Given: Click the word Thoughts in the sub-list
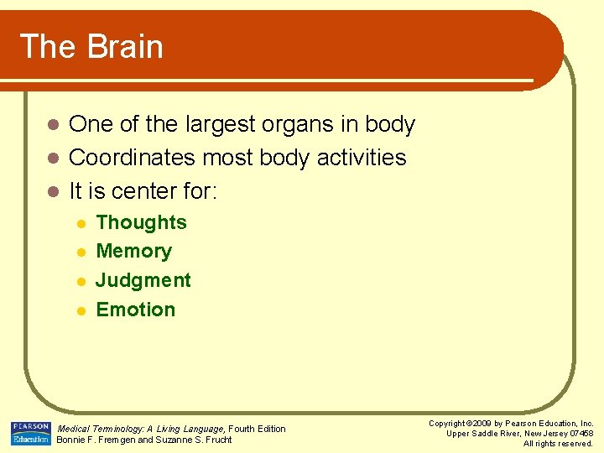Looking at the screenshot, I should click(x=141, y=222).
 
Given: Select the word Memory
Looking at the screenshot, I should click(x=133, y=251).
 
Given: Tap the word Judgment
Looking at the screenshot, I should click(x=143, y=280).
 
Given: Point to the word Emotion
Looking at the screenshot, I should click(x=136, y=310).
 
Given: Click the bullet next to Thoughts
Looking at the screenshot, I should click(x=80, y=223).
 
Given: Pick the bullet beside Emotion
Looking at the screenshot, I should click(x=80, y=310).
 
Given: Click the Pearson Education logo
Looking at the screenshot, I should click(x=31, y=433).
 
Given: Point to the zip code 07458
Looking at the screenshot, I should click(x=581, y=433).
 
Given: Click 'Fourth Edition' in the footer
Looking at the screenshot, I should click(x=258, y=429).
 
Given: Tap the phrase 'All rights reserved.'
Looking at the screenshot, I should click(x=558, y=443).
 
